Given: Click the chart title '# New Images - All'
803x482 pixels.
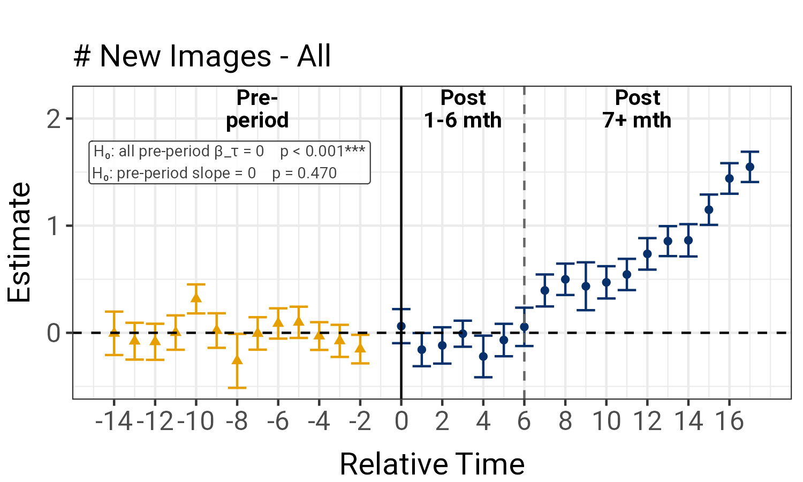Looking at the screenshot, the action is [x=202, y=57].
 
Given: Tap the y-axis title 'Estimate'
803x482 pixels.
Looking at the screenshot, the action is [x=19, y=243].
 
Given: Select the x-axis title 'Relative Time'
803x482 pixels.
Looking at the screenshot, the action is [x=432, y=464].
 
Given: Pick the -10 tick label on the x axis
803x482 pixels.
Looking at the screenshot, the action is [x=196, y=421].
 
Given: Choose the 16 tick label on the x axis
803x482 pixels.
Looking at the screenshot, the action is [x=729, y=421].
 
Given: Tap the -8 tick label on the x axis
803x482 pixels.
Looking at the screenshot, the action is [x=237, y=421].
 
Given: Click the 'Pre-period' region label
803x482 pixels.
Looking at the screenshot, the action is [x=257, y=109].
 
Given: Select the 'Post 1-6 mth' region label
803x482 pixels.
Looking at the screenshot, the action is [x=463, y=109].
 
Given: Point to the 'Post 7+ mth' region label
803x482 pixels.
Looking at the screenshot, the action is [x=637, y=109].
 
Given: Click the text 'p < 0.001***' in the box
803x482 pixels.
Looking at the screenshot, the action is [x=323, y=152].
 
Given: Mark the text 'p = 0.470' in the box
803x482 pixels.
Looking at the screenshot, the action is [x=305, y=173].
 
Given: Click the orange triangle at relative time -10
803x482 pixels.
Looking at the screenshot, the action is [x=196, y=297].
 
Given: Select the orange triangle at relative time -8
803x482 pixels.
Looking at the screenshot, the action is [x=237, y=359].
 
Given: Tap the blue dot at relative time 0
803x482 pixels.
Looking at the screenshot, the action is [x=401, y=326].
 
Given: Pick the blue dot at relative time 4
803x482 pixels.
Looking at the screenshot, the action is [x=483, y=356].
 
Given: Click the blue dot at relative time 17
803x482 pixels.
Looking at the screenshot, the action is [x=749, y=167].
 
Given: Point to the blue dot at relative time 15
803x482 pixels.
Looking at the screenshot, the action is [x=709, y=210].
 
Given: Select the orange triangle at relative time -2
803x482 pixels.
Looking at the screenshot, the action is [x=360, y=348].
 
